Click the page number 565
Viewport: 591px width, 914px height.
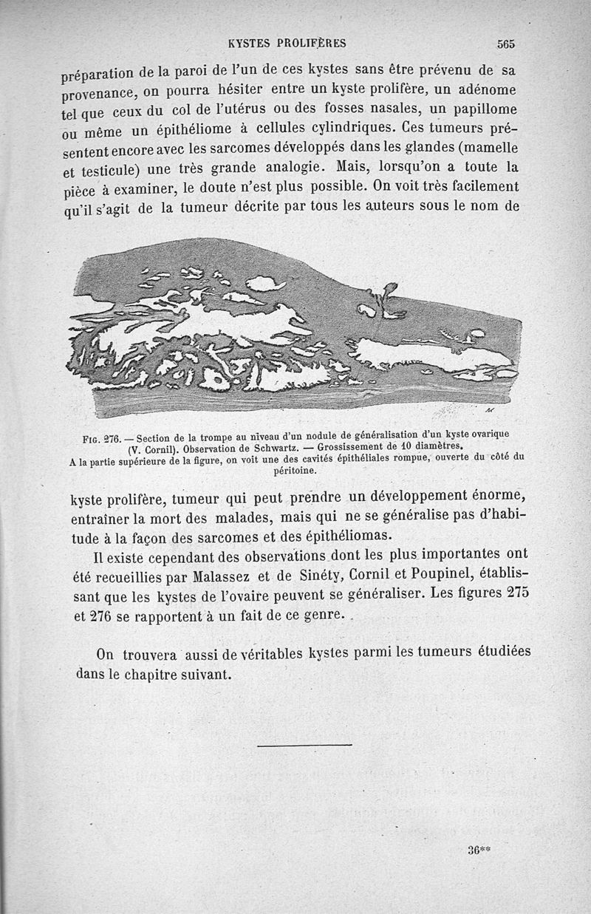505,44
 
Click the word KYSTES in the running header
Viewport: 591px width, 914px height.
251,42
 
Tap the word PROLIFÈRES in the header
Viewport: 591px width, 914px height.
315,42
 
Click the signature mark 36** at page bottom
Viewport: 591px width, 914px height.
479,850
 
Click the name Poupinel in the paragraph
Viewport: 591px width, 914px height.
443,574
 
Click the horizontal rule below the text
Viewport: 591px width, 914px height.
305,746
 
